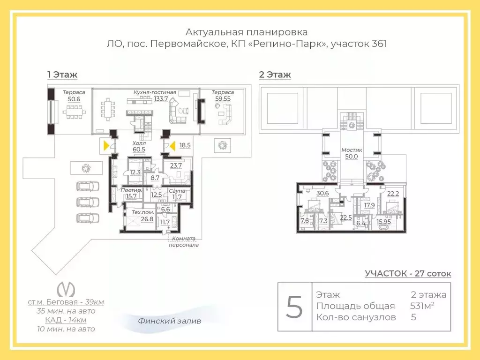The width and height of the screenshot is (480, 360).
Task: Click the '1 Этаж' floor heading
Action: [62, 75]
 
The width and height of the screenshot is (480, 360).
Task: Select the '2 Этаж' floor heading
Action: [275, 75]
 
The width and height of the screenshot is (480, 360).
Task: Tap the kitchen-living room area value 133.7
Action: [161, 98]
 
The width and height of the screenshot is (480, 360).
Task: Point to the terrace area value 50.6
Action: [74, 99]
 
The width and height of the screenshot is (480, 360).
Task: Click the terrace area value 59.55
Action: [223, 98]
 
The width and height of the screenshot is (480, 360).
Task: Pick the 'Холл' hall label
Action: [139, 143]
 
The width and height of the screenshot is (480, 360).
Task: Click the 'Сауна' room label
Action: [177, 191]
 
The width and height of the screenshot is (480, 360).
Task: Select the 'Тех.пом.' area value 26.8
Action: [147, 219]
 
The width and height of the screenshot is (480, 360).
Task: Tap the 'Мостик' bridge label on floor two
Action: [352, 150]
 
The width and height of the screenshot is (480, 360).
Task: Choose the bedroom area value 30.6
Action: [322, 193]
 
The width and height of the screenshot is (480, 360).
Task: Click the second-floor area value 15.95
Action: [383, 222]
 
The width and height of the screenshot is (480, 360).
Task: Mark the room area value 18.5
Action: [185, 145]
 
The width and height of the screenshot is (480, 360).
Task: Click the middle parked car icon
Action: [88, 202]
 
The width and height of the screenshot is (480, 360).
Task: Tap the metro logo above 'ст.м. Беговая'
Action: [66, 289]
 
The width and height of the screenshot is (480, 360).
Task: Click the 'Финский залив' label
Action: [169, 321]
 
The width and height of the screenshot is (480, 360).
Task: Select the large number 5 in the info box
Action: [294, 307]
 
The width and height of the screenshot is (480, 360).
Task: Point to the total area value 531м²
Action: [422, 306]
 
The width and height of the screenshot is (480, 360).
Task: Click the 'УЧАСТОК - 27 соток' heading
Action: [408, 273]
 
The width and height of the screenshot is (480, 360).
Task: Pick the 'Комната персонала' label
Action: [184, 241]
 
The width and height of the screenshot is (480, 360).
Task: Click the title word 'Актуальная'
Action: [214, 32]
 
